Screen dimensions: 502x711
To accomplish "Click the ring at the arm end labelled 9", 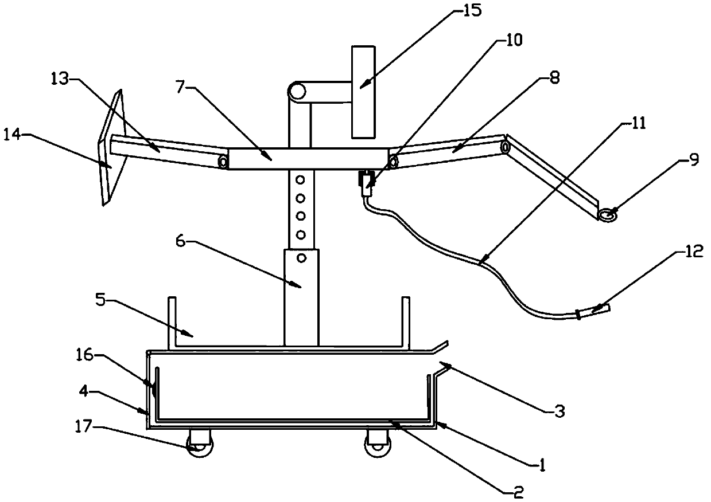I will coord(608,214).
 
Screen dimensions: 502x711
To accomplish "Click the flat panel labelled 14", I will coord(111,147).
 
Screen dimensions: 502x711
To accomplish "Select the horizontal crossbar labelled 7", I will coord(308,158).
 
